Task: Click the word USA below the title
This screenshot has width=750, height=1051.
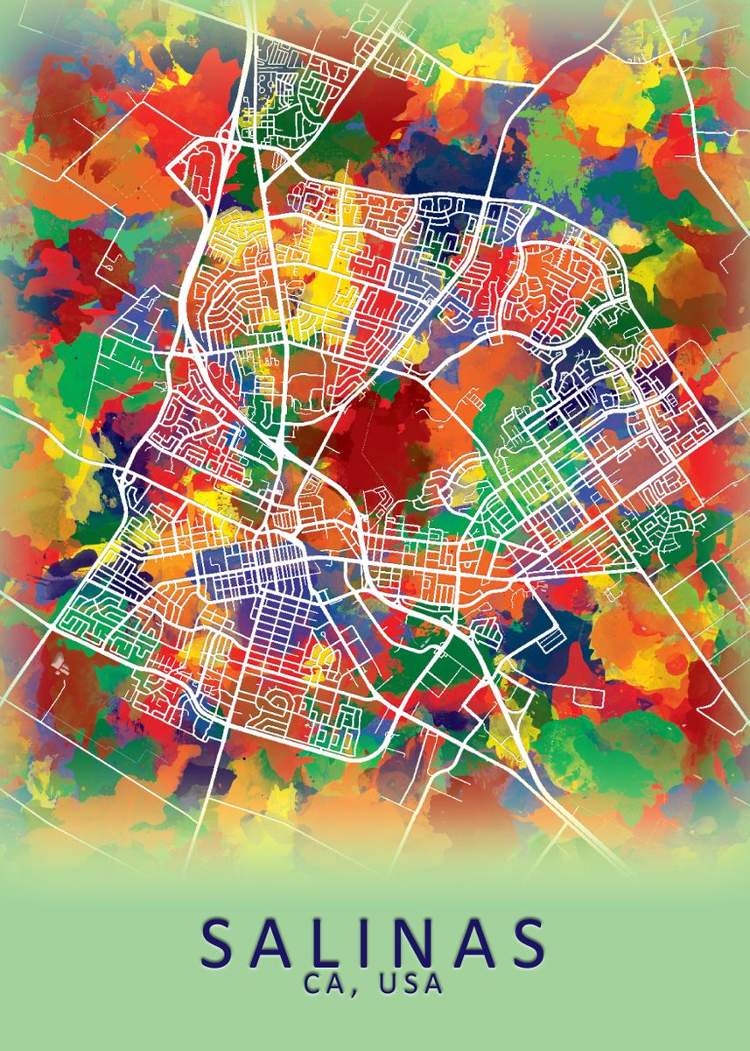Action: (x=410, y=984)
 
